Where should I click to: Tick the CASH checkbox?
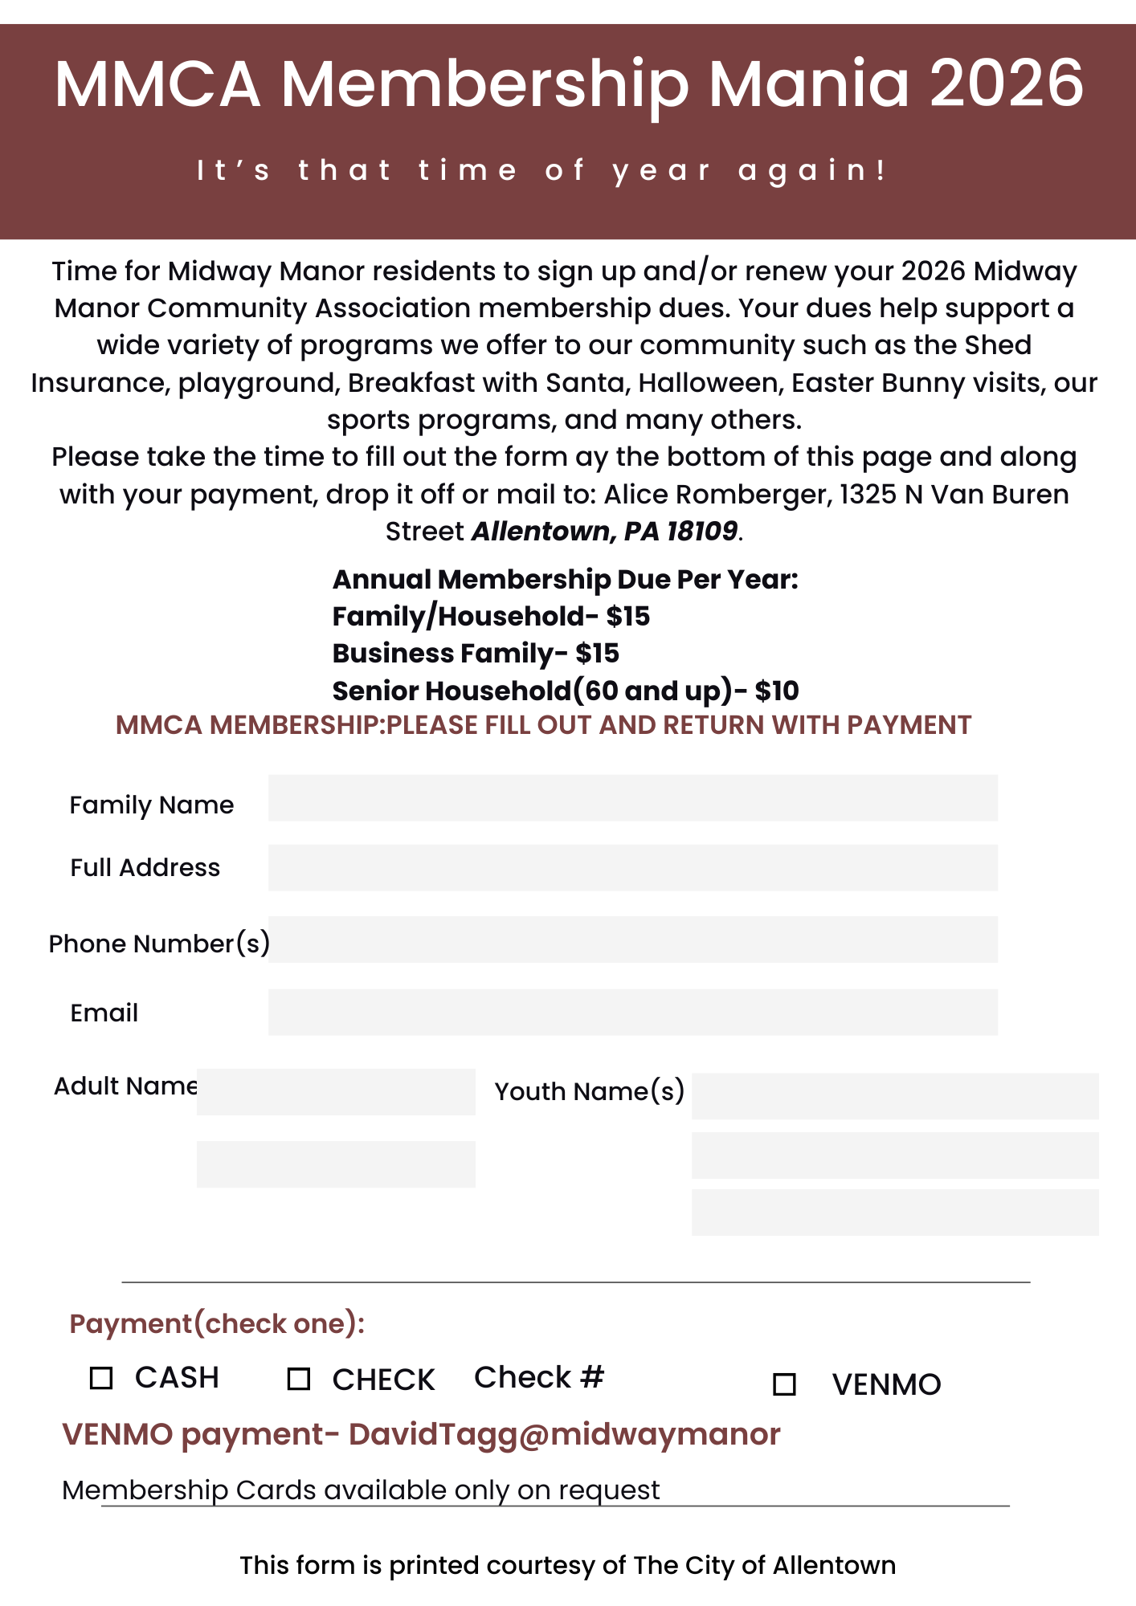(101, 1378)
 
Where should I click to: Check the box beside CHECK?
(299, 1379)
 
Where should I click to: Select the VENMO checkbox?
(784, 1384)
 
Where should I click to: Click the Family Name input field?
(632, 798)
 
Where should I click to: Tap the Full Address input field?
(632, 867)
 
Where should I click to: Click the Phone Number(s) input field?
(632, 940)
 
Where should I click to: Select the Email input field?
(632, 1012)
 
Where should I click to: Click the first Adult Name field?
(336, 1092)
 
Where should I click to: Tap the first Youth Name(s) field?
(895, 1096)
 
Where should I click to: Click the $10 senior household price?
(777, 691)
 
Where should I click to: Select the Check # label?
(538, 1377)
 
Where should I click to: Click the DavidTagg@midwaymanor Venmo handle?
(564, 1434)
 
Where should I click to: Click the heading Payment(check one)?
(217, 1323)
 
